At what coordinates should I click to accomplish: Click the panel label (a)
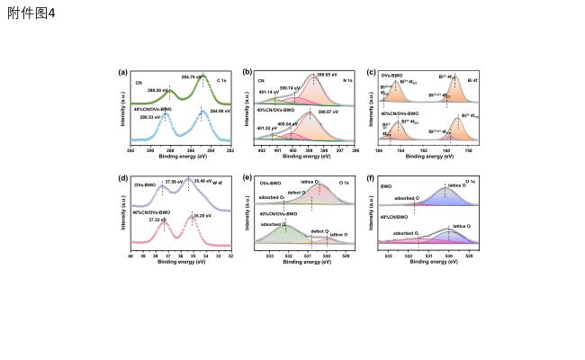tap(123, 70)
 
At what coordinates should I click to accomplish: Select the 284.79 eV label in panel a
tap(193, 76)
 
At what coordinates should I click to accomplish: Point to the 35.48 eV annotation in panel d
tap(202, 180)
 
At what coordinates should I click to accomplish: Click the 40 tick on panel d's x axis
tap(131, 256)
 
